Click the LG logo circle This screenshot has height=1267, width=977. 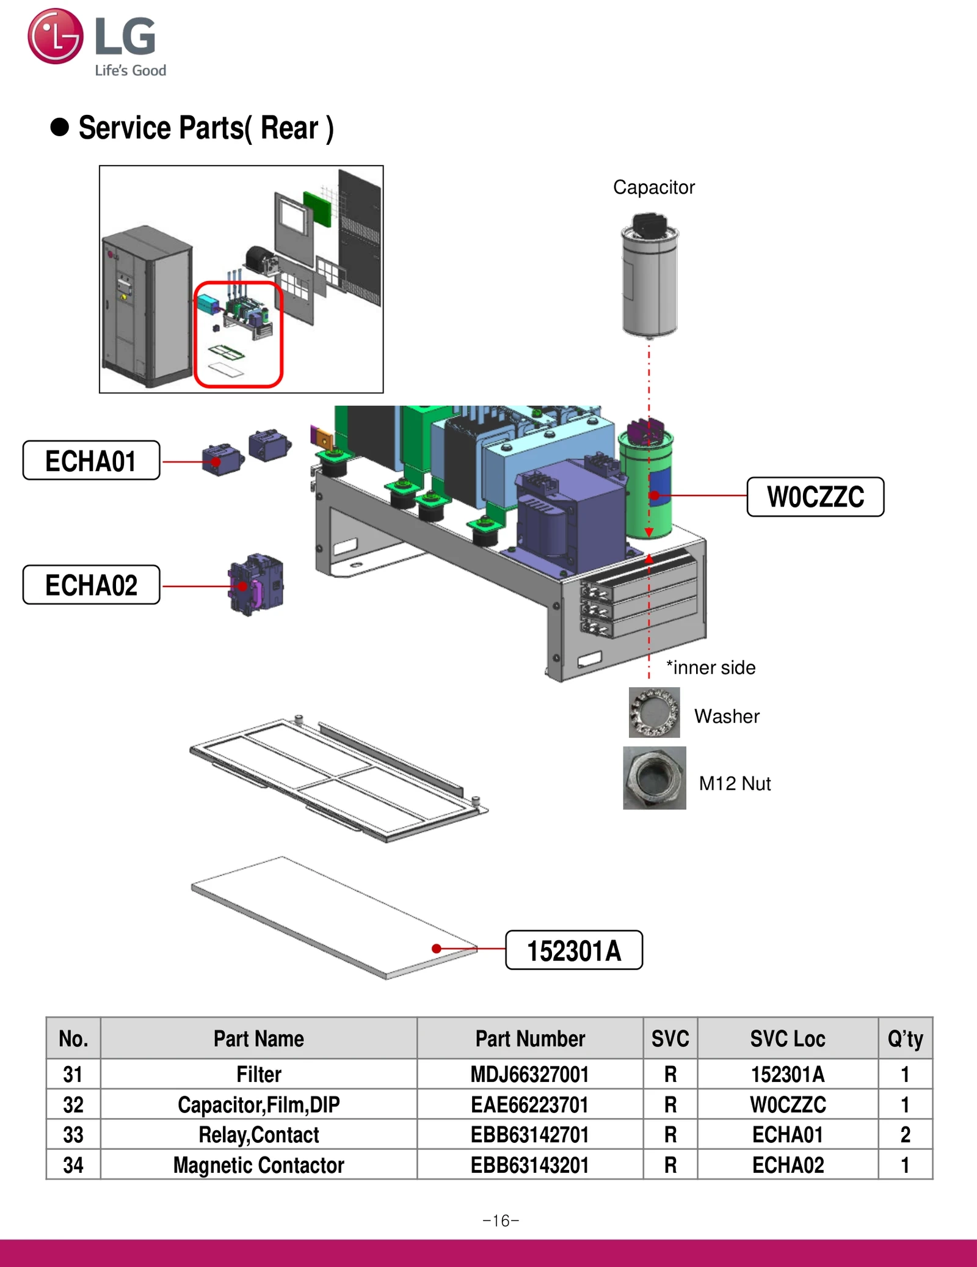pyautogui.click(x=55, y=36)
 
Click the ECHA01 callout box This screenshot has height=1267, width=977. pyautogui.click(x=91, y=461)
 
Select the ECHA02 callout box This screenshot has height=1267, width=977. pyautogui.click(x=91, y=585)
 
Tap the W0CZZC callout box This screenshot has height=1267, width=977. pyautogui.click(x=815, y=497)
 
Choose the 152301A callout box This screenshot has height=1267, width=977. pyautogui.click(x=574, y=950)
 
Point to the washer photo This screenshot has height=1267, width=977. pyautogui.click(x=654, y=712)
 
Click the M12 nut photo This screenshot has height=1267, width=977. pyautogui.click(x=654, y=778)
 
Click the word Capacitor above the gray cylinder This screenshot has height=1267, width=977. pyautogui.click(x=653, y=187)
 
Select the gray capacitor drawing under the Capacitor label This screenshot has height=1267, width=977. pyautogui.click(x=649, y=275)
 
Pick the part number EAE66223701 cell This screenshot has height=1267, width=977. pyautogui.click(x=529, y=1105)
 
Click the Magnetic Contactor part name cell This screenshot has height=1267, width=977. pyautogui.click(x=258, y=1165)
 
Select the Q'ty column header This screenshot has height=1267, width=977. pyautogui.click(x=905, y=1039)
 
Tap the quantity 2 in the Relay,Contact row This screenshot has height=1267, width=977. pyautogui.click(x=905, y=1134)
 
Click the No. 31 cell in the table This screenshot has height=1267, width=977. pyautogui.click(x=73, y=1074)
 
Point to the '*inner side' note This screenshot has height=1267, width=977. pyautogui.click(x=711, y=667)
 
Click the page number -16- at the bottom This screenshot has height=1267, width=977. pyautogui.click(x=501, y=1221)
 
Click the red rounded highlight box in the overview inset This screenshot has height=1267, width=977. pyautogui.click(x=238, y=334)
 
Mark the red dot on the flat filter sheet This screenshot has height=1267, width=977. pyautogui.click(x=437, y=948)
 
